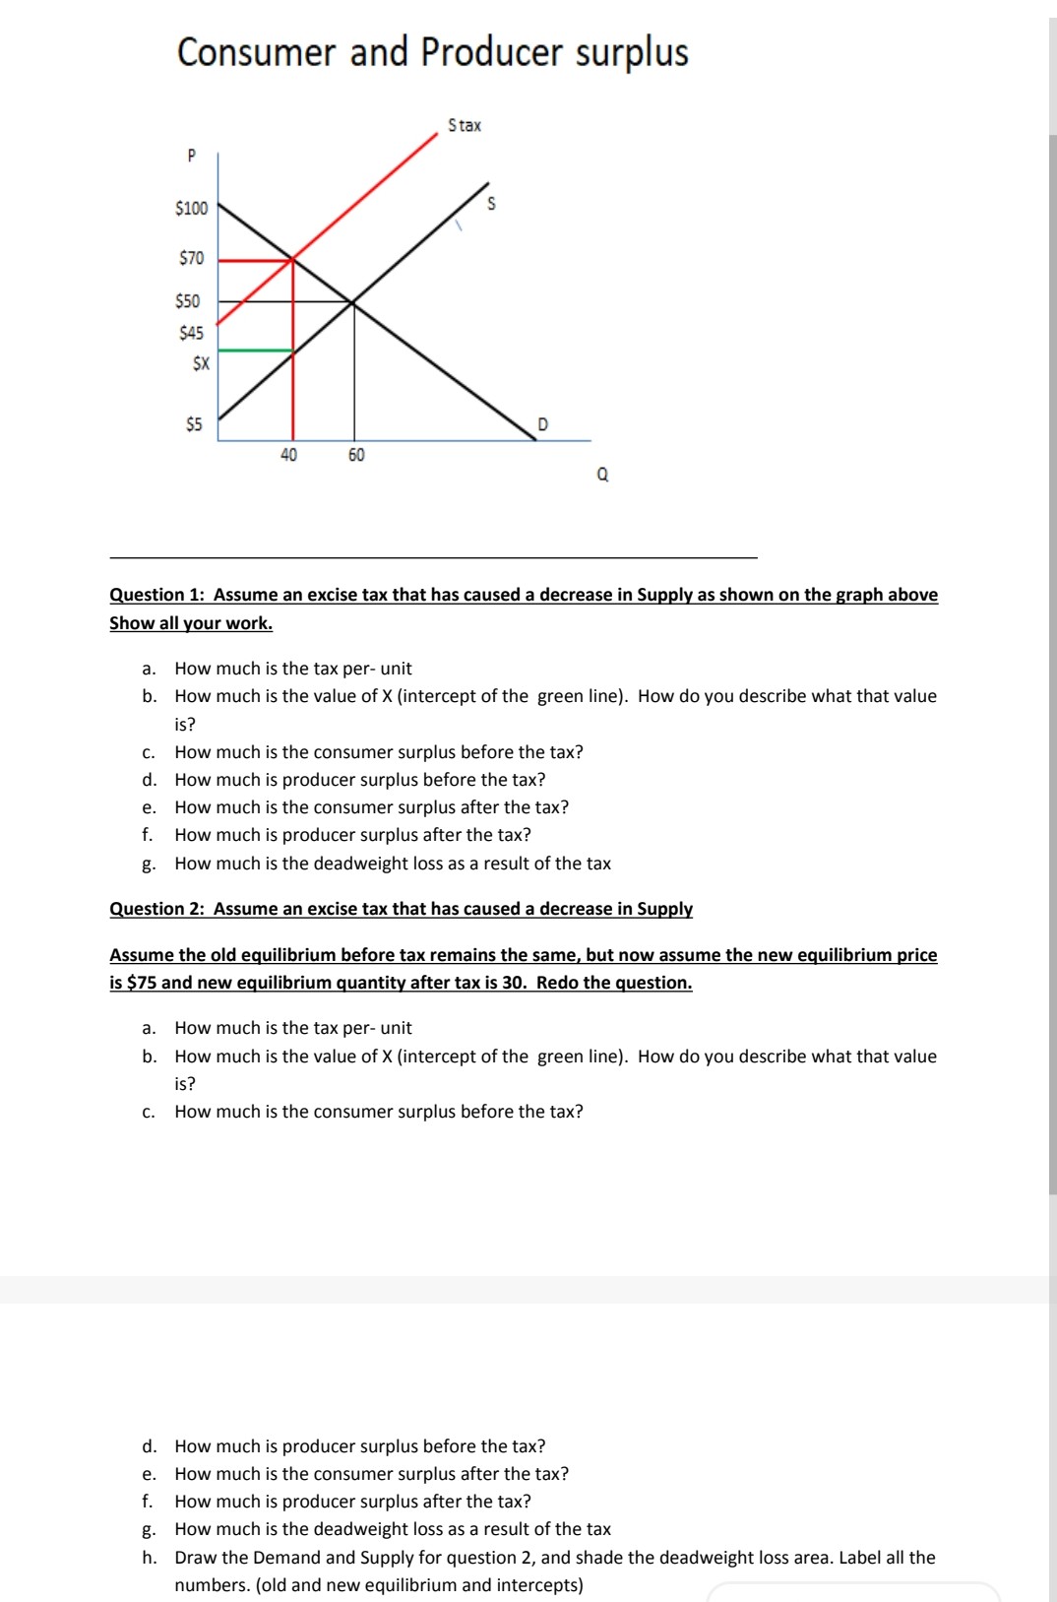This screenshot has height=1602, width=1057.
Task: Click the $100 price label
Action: (192, 208)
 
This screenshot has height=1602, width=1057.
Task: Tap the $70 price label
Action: (192, 258)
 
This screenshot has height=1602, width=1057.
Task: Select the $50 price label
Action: (188, 301)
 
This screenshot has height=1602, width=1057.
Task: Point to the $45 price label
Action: (192, 333)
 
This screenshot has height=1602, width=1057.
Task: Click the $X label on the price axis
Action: (201, 363)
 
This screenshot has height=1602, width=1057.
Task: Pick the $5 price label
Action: (194, 424)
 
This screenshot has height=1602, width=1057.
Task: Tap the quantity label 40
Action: (288, 455)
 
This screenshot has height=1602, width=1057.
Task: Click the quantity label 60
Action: (356, 455)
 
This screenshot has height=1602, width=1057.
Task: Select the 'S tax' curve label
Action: (465, 125)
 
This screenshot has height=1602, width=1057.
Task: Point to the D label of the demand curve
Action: (542, 424)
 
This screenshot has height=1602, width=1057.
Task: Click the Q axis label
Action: (602, 475)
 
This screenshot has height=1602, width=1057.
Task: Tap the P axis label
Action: (192, 155)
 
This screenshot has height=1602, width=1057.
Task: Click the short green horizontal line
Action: (255, 350)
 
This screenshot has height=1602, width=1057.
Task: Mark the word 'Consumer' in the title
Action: (256, 52)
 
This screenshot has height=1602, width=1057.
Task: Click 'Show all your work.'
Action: (191, 623)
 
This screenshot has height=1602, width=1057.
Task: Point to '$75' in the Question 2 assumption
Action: (142, 983)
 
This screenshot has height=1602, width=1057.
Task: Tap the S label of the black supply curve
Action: (492, 204)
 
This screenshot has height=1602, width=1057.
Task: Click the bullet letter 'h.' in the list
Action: (149, 1558)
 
